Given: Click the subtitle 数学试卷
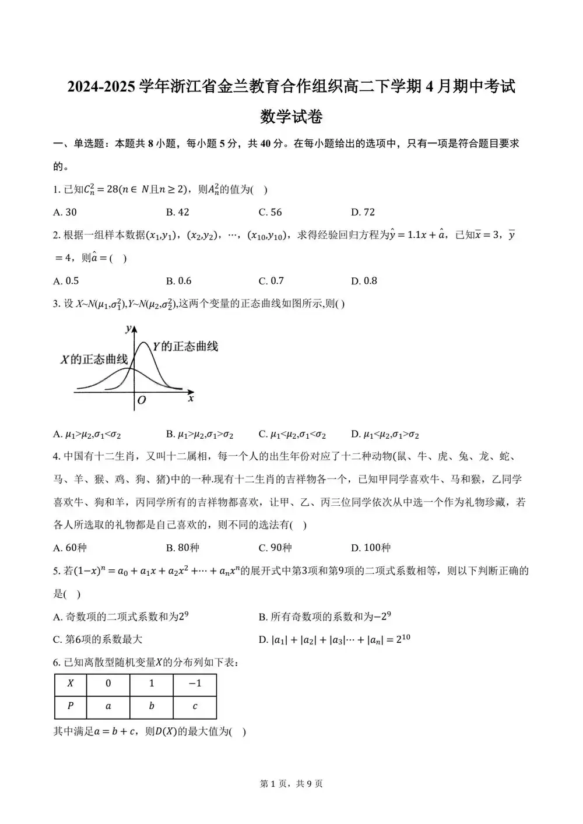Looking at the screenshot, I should point(291,117).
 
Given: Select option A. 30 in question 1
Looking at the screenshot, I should point(65,212).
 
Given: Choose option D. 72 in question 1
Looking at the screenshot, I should point(363,212).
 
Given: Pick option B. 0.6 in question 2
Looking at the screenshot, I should point(178,281).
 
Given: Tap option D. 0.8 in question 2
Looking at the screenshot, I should point(364,281).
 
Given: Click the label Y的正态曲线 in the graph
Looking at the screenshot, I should point(185,347).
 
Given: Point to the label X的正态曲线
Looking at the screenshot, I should point(94,359).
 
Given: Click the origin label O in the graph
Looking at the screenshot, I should point(141,400).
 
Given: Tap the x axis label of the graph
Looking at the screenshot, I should point(191,399).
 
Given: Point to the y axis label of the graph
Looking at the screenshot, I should point(128,329).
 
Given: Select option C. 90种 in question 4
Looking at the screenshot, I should point(275,548).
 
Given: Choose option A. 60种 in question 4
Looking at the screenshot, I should point(69,548).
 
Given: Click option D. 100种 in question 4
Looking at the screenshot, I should point(371,548).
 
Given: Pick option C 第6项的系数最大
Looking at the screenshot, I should point(97,639).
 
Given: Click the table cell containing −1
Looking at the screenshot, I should point(195,684).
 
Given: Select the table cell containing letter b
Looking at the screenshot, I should point(152,706).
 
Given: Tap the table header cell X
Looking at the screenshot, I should point(71,684).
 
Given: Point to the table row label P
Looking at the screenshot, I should point(71,706).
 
